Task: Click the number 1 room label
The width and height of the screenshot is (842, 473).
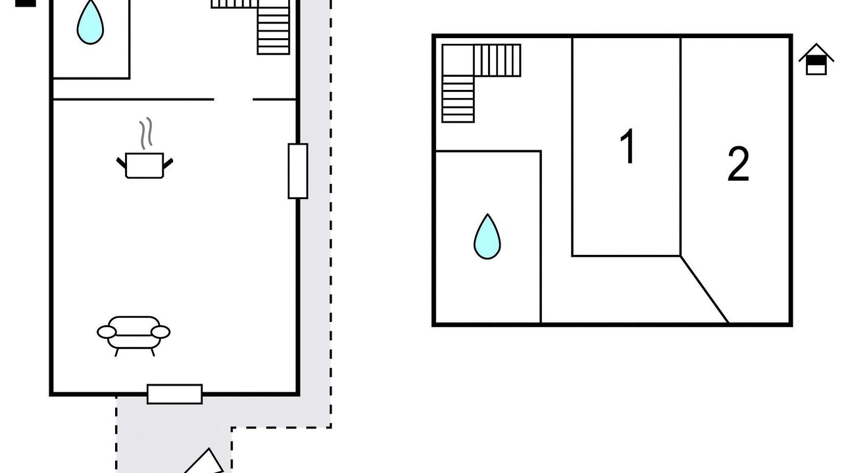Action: (x=628, y=146)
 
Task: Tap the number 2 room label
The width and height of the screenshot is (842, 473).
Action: (x=738, y=164)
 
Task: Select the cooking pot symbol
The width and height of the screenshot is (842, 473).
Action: (x=145, y=164)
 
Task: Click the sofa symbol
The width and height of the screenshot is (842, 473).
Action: (x=134, y=334)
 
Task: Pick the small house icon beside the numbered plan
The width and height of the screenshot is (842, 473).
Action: (x=816, y=60)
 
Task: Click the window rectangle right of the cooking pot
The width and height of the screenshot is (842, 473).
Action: (x=298, y=171)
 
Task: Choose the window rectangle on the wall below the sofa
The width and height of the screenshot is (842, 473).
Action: (x=174, y=394)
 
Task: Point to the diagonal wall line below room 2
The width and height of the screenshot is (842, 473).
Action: (x=705, y=290)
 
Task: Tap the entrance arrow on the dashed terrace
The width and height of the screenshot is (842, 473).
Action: (x=205, y=462)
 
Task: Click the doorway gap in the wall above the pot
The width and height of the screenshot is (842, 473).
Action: (x=234, y=99)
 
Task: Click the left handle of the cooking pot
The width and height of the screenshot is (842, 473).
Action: (x=122, y=162)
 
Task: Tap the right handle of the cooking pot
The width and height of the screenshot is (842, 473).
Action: (x=168, y=162)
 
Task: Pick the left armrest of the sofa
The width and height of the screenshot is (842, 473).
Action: (x=107, y=332)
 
